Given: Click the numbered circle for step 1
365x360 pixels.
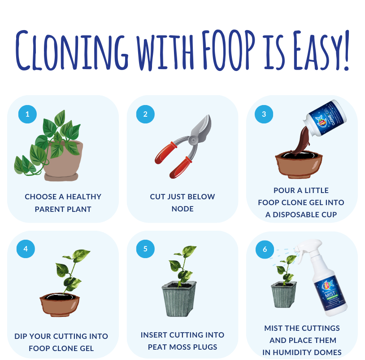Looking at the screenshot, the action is coord(27,114).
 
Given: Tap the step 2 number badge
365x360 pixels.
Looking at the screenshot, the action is coord(145,114).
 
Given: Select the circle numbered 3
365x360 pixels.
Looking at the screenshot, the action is coord(264,114).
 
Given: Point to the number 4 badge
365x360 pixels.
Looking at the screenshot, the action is coord(26,249).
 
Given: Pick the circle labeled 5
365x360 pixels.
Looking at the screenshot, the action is coord(145,249).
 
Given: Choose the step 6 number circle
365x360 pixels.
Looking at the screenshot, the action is coord(265,249).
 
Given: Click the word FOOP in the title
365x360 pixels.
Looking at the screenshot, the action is coord(228,50).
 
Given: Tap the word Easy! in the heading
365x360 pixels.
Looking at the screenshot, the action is coord(321,50).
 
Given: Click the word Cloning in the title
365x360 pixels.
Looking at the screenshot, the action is coord(72,50).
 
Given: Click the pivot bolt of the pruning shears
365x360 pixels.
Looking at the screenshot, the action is coord(193,140).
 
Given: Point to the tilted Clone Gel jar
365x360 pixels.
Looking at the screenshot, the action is coord(325,118).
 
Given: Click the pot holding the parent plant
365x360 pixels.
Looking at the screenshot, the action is coord(62,161).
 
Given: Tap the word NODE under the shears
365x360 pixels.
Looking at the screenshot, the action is coord(182,209).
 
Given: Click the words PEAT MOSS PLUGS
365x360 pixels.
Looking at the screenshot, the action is coord(182,347).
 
